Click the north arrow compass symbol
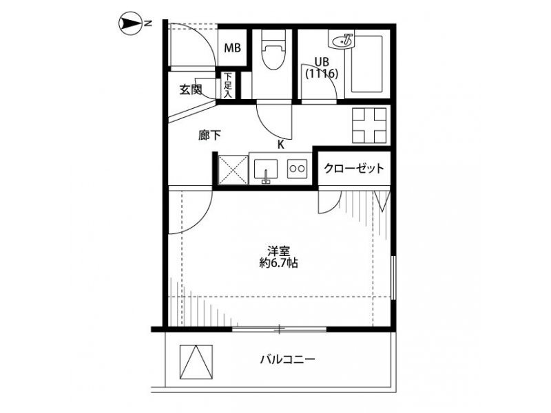click(x=130, y=23)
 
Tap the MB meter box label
click(x=232, y=48)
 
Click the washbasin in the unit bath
click(x=342, y=41)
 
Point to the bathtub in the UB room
click(x=366, y=63)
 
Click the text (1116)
click(x=322, y=74)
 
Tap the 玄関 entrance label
click(x=191, y=90)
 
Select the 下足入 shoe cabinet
click(x=229, y=85)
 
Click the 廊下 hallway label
click(x=210, y=135)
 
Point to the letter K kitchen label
click(x=281, y=145)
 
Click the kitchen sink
click(x=266, y=171)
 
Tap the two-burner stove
click(x=298, y=169)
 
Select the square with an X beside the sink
click(x=233, y=170)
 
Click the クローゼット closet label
click(x=354, y=168)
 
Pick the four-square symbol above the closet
click(x=369, y=125)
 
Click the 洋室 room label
click(x=279, y=251)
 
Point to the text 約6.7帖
click(x=279, y=263)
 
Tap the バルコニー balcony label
click(x=288, y=359)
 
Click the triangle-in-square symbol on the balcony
click(x=196, y=362)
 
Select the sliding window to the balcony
click(x=280, y=330)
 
